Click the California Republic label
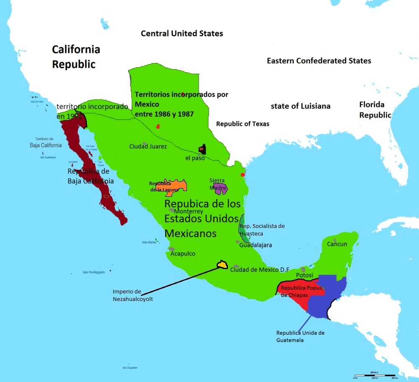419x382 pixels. (x=76, y=57)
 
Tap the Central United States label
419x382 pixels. (x=182, y=34)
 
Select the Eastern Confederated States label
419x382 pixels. (x=319, y=61)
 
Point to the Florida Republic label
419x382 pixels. (x=375, y=110)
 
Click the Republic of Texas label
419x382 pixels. (x=243, y=124)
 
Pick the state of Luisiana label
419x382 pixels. (x=300, y=106)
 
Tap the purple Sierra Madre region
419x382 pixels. (x=220, y=188)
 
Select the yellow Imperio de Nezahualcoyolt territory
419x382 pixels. (x=222, y=264)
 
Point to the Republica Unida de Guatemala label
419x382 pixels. (x=300, y=336)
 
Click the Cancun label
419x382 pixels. (x=337, y=244)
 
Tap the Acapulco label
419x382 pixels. (x=183, y=254)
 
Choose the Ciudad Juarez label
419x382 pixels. (x=148, y=147)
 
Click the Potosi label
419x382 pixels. (x=305, y=275)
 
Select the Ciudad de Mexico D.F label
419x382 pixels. (x=260, y=269)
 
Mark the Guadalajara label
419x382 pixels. (x=256, y=245)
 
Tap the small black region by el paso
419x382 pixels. (x=203, y=149)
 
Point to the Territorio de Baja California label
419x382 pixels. (x=46, y=142)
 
